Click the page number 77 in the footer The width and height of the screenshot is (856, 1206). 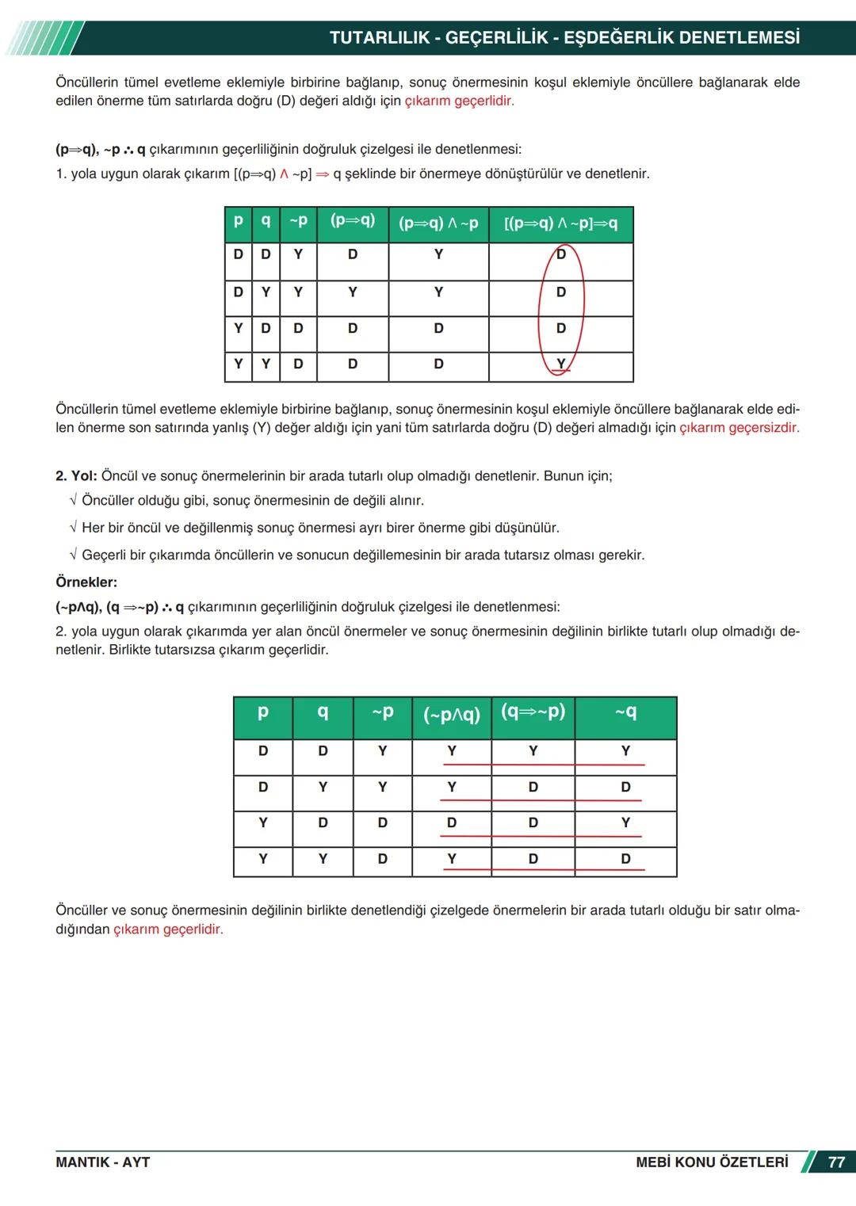point(835,1162)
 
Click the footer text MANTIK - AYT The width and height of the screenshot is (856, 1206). point(102,1162)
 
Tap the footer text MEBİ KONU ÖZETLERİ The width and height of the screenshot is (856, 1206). point(712,1162)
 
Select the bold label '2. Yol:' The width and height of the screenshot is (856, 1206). point(76,476)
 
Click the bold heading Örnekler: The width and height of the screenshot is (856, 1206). point(86,582)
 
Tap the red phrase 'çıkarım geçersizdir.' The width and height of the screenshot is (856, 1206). point(739,428)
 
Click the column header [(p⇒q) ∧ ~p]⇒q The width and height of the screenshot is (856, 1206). point(560,223)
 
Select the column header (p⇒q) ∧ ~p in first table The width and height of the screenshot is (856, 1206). point(438,223)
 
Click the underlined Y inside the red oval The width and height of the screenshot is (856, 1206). point(561,364)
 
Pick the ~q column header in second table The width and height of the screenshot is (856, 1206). point(625,712)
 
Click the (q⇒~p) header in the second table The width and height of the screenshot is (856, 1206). point(533,712)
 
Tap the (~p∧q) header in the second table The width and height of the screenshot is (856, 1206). point(452,715)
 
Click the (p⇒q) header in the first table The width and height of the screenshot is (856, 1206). point(353,221)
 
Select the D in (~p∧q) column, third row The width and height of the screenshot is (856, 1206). point(452,823)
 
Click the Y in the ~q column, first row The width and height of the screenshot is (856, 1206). point(625,751)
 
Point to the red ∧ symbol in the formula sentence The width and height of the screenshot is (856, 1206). point(284,174)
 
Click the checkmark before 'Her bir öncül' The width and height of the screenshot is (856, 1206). point(73,528)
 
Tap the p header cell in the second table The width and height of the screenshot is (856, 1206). point(263,712)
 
